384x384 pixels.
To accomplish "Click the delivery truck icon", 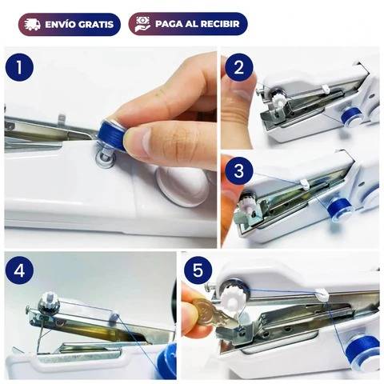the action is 32,24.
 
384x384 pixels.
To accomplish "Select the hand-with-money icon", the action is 143,24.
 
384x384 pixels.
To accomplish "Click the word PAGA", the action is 166,24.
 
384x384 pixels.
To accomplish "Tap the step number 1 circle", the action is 19,67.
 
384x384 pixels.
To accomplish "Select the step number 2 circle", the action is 238,67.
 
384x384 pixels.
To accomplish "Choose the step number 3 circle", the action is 238,170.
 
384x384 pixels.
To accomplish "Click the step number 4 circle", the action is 19,271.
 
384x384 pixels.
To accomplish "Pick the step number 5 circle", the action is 198,270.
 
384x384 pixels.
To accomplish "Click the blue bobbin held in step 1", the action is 112,136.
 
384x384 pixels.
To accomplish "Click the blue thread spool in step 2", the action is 351,116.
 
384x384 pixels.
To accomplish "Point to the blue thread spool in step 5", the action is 363,351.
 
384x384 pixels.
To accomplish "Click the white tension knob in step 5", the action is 232,298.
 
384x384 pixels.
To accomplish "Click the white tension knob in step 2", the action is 278,100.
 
